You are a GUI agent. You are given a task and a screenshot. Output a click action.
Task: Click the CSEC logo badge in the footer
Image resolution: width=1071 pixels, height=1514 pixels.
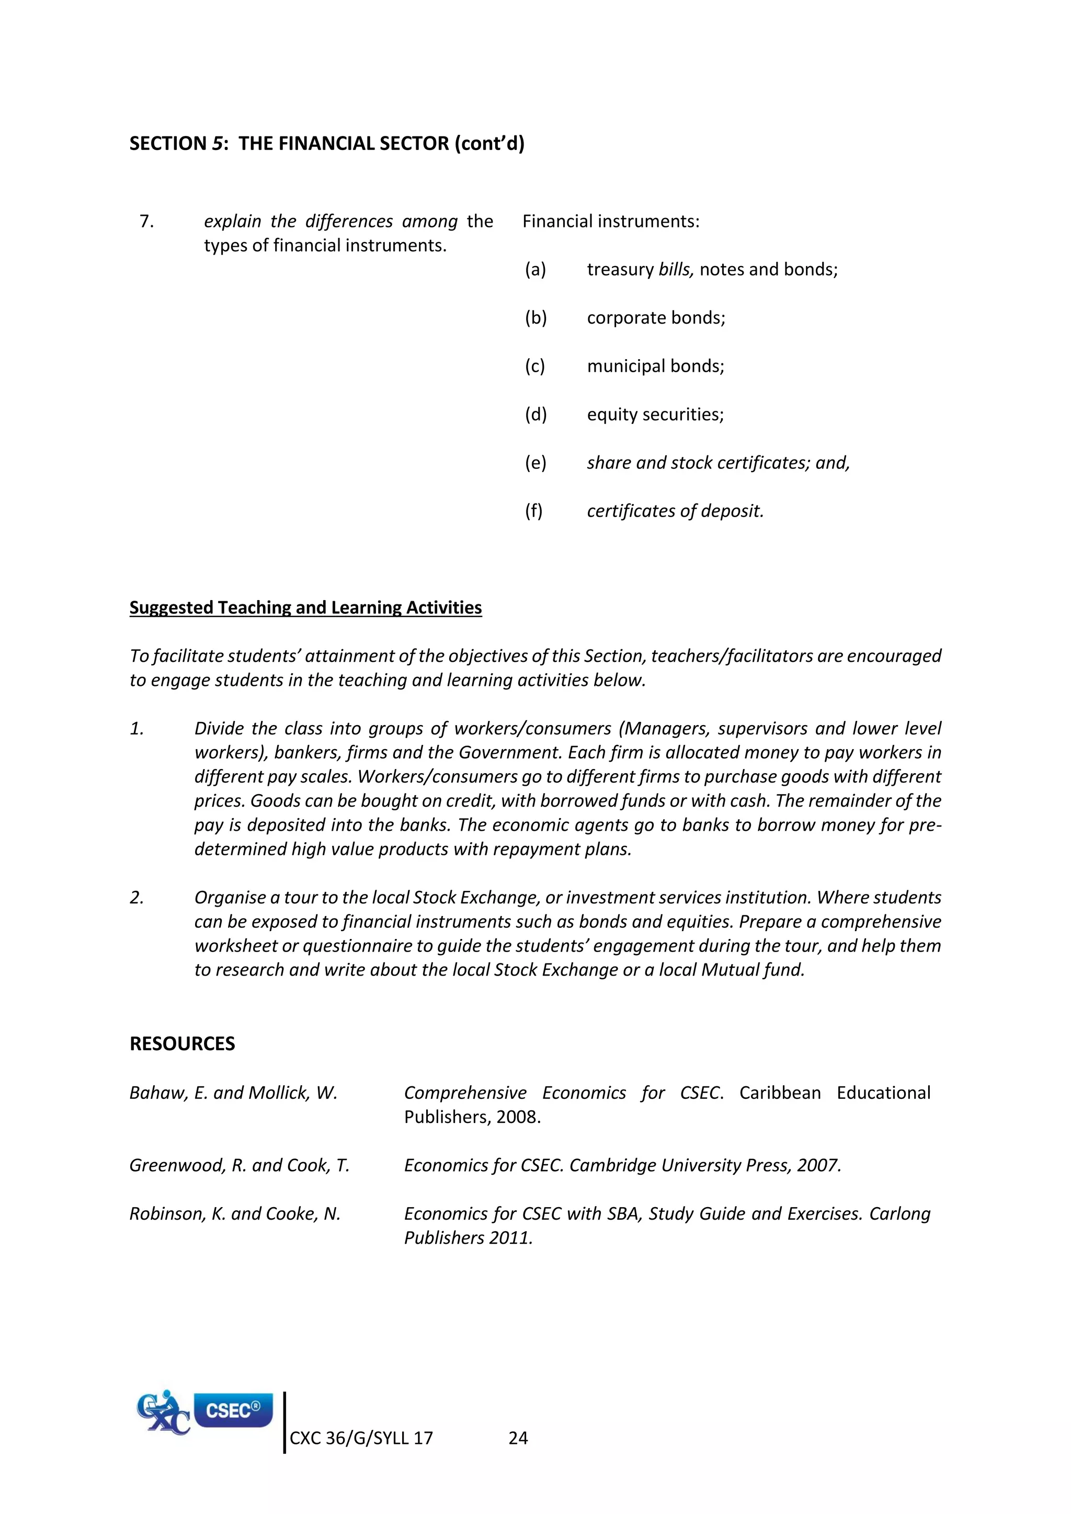233,1410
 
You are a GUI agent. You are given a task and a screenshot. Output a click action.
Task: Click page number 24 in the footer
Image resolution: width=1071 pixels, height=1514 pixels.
518,1438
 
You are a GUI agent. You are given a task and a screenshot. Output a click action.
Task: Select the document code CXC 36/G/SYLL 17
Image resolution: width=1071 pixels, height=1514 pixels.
361,1438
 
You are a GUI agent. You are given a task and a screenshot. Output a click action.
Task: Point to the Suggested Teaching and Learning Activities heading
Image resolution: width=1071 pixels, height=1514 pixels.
305,607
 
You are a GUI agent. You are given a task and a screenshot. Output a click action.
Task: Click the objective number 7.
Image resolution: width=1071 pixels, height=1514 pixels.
146,222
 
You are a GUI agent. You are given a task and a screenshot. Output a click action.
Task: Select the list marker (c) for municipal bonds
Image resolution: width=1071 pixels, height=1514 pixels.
535,366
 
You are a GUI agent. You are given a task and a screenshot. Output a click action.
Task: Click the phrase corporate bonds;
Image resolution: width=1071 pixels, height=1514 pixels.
656,318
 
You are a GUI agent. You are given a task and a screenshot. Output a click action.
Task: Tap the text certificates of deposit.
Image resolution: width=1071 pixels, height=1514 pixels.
675,511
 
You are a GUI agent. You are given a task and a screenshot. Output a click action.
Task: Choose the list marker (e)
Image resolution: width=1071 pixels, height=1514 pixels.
535,463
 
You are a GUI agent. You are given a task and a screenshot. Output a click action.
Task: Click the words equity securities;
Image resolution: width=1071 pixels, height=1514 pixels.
655,415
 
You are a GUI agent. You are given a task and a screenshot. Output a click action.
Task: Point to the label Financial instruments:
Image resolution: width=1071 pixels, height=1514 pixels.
611,222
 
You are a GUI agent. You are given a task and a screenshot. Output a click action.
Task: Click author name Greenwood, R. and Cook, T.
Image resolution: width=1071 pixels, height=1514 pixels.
240,1165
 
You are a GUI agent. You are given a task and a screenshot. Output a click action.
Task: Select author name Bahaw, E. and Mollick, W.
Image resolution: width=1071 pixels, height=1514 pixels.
233,1093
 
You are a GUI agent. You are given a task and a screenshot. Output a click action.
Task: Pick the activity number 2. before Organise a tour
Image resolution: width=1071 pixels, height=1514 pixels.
136,898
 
